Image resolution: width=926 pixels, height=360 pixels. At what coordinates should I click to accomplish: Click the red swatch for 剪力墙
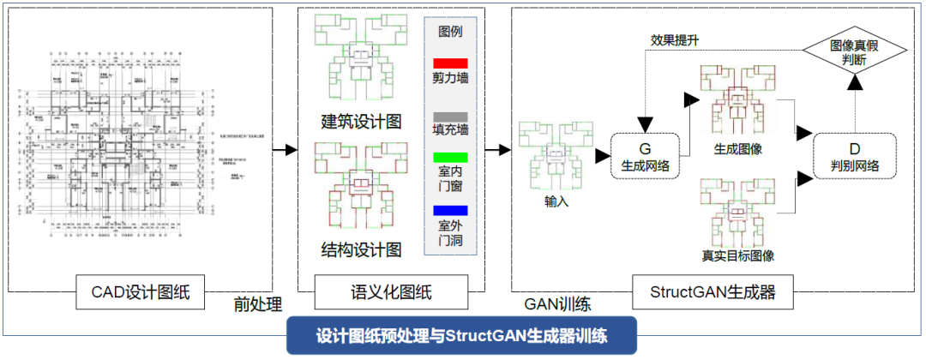[450, 63]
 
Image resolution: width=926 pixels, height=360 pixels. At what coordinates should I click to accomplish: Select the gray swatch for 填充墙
[450, 116]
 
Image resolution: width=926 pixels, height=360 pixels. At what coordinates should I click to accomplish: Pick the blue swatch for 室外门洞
[450, 210]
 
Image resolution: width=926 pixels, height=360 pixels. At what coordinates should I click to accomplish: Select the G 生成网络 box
[644, 154]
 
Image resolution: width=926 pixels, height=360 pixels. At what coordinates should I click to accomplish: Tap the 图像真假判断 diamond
[853, 52]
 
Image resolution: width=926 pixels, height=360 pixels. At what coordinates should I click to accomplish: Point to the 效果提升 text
[674, 39]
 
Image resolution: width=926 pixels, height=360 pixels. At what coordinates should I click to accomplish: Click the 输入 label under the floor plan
[556, 202]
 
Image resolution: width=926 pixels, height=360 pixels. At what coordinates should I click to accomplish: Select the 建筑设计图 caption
[361, 120]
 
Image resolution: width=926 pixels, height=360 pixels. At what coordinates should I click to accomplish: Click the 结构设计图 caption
[361, 249]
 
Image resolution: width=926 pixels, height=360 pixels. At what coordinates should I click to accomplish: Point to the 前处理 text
[258, 303]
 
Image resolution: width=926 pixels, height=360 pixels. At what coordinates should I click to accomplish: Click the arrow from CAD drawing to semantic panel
[284, 150]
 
